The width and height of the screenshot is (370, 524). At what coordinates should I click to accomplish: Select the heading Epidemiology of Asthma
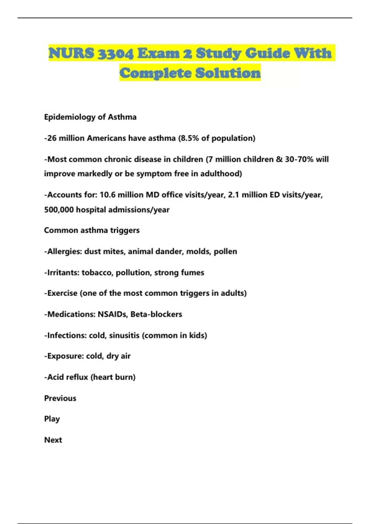pyautogui.click(x=90, y=117)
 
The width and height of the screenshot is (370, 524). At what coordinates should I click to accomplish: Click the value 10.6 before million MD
pyautogui.click(x=108, y=195)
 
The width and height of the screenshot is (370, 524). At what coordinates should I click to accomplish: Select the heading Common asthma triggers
pyautogui.click(x=92, y=230)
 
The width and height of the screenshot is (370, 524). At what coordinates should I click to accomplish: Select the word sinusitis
pyautogui.click(x=124, y=335)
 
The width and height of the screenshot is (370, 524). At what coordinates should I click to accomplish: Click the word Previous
pyautogui.click(x=60, y=398)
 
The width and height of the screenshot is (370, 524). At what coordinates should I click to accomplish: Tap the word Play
pyautogui.click(x=52, y=419)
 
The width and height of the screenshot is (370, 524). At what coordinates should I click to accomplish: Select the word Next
pyautogui.click(x=53, y=440)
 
